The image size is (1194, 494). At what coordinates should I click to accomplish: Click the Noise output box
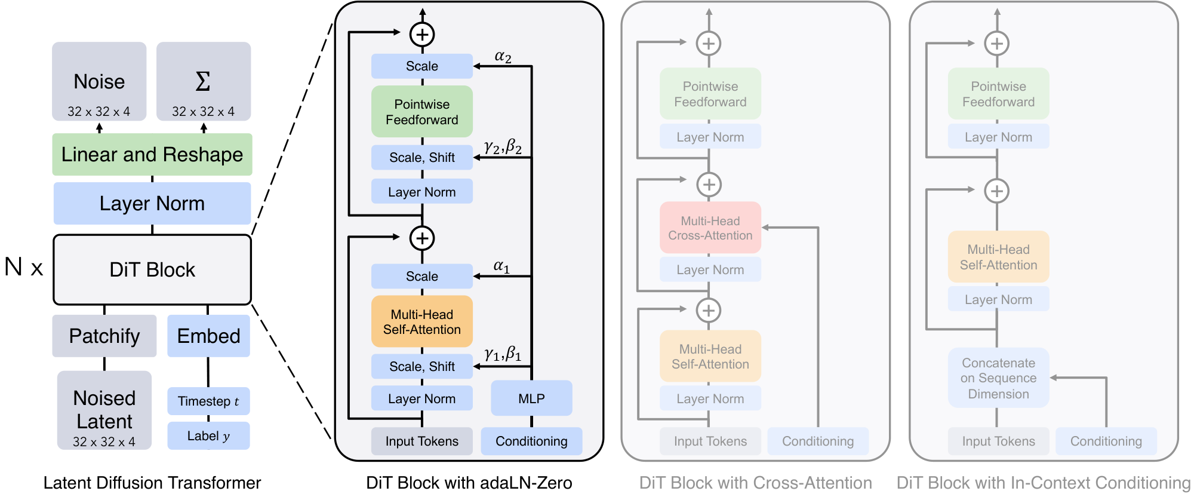[x=99, y=82]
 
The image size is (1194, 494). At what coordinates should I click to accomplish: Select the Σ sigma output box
[x=203, y=82]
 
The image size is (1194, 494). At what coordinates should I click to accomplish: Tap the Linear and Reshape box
[x=152, y=154]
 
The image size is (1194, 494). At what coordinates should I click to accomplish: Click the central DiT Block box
[x=152, y=269]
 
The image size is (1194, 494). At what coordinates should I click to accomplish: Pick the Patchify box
[x=104, y=336]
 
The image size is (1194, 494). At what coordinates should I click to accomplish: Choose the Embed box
[x=208, y=336]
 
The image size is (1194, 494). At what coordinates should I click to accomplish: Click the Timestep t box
[x=208, y=401]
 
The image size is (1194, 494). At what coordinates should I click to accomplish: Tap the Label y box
[x=208, y=436]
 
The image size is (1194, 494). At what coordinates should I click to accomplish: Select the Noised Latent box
[x=104, y=410]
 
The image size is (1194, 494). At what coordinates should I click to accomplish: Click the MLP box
[x=531, y=398]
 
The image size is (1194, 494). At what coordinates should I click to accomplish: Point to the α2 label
[x=503, y=57]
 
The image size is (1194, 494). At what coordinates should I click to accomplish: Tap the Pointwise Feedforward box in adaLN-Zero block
[x=421, y=112]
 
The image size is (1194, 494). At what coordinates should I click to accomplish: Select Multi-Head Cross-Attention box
[x=710, y=228]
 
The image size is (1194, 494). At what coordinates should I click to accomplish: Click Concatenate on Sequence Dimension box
[x=998, y=378]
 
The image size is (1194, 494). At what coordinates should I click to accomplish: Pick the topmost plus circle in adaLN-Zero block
[x=422, y=34]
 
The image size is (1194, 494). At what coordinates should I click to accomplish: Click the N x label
[x=24, y=267]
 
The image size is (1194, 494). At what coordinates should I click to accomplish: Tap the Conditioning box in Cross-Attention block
[x=817, y=441]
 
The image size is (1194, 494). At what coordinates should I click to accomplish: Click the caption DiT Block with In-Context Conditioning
[x=1043, y=483]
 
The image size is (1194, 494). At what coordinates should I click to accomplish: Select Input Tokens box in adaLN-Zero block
[x=421, y=441]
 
